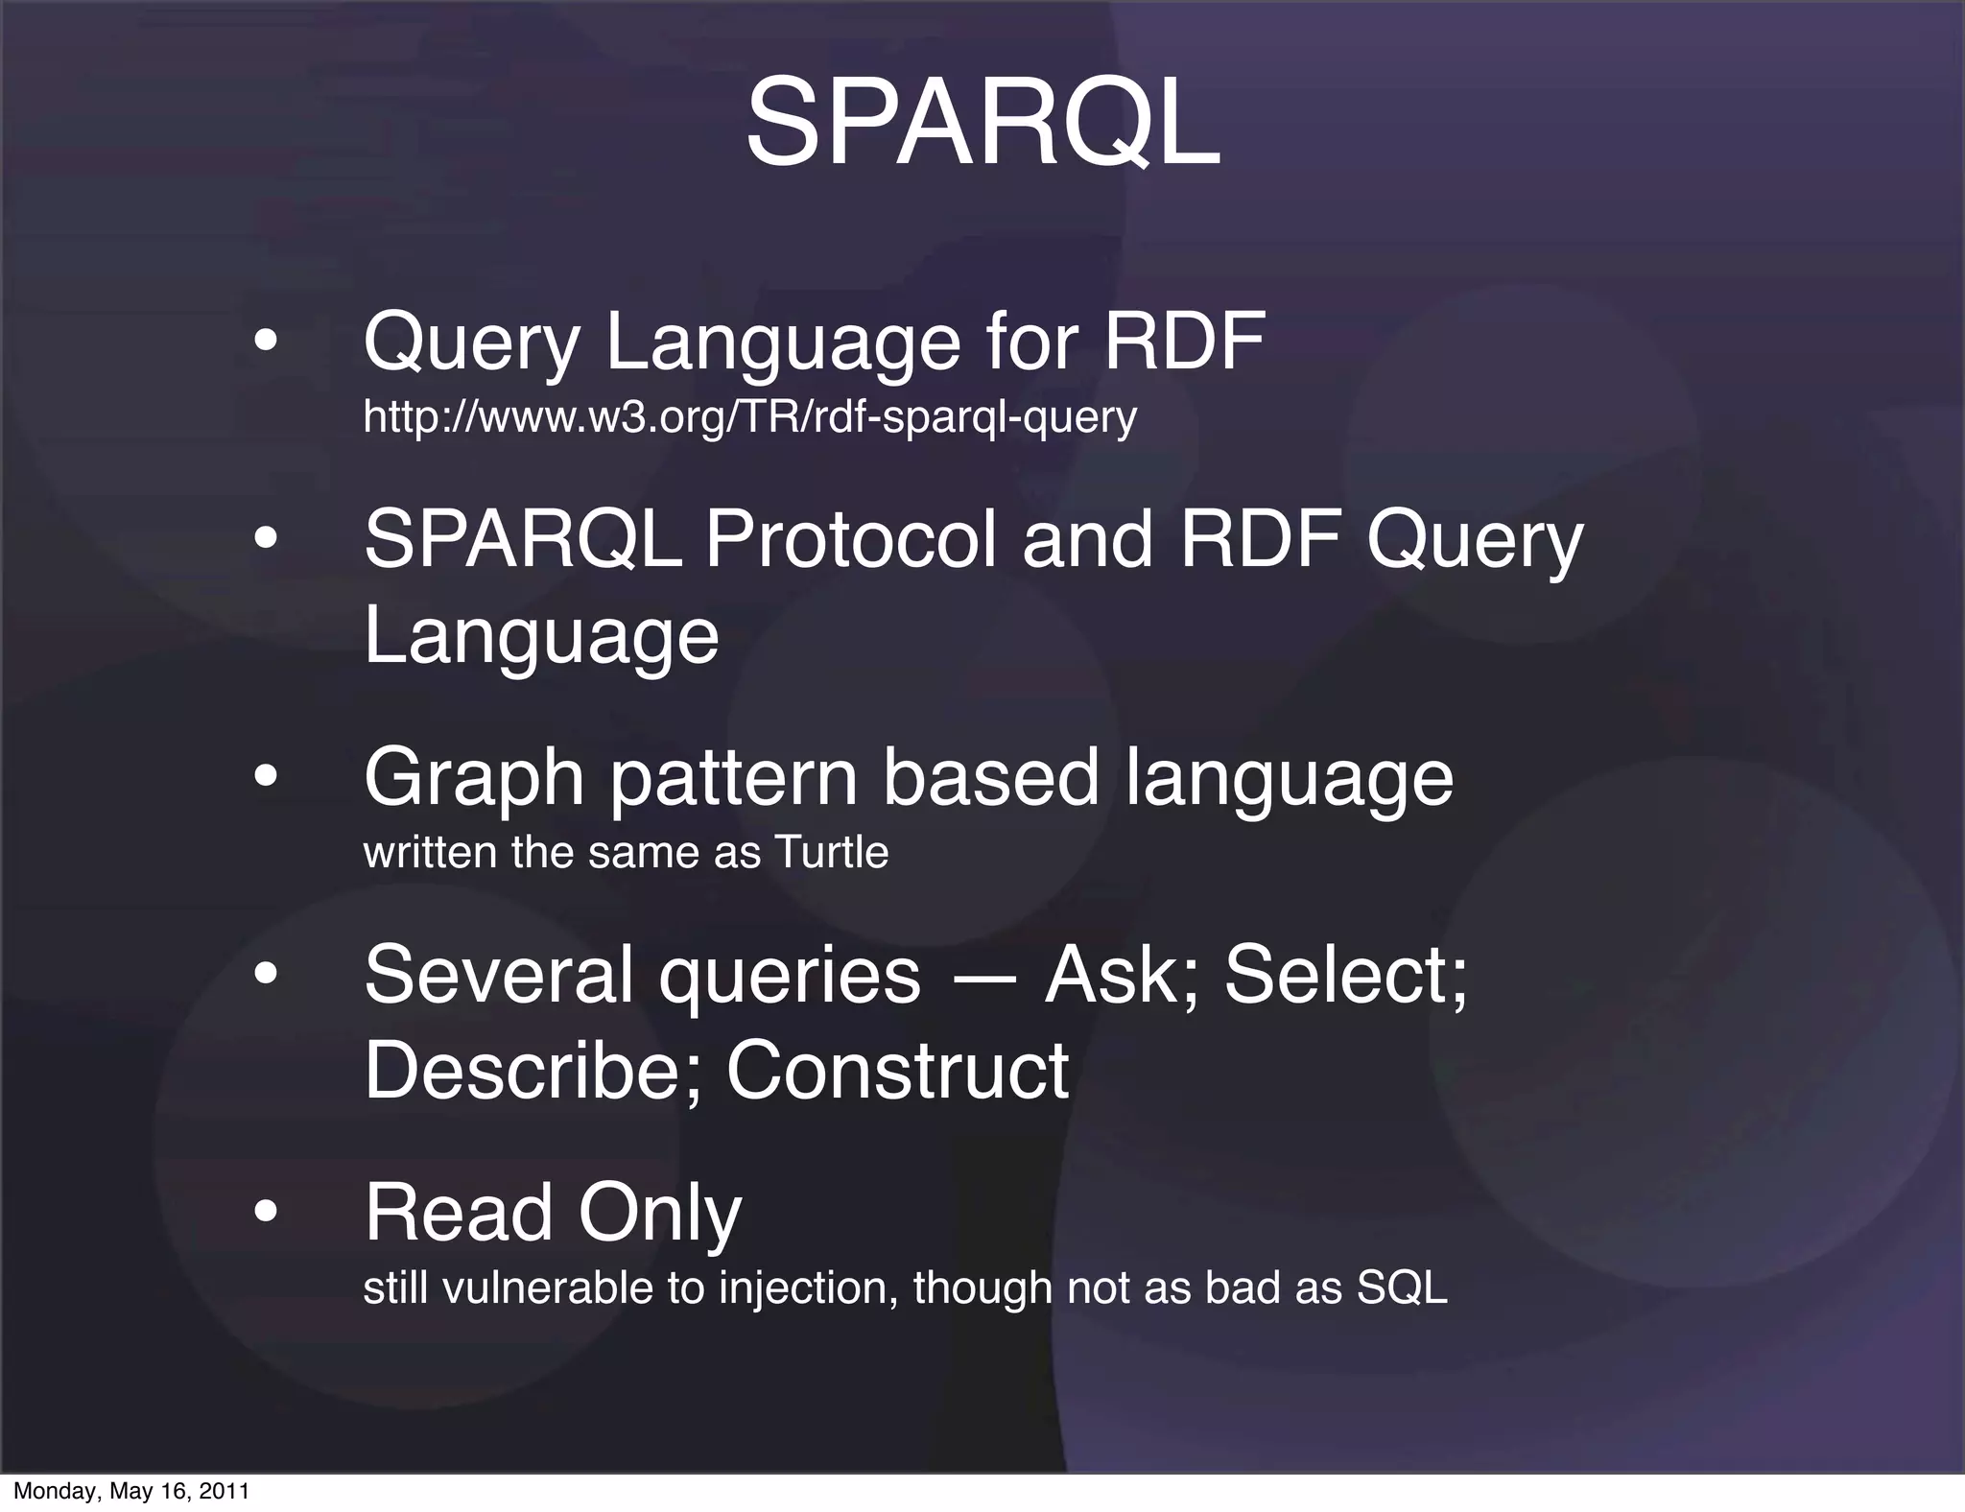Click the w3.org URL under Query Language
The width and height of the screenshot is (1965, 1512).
click(x=749, y=417)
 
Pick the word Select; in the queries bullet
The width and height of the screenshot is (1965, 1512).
click(x=1345, y=975)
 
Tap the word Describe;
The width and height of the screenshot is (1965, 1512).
click(x=533, y=1071)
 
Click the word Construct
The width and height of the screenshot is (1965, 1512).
click(x=897, y=1071)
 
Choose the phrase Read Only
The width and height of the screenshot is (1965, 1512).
click(x=553, y=1213)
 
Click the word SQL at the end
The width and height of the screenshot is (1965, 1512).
click(x=1401, y=1288)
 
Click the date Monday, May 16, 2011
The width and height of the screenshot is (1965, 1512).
click(x=131, y=1491)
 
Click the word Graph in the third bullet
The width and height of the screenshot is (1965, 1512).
click(x=474, y=778)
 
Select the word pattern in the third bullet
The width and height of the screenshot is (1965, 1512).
click(x=734, y=778)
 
